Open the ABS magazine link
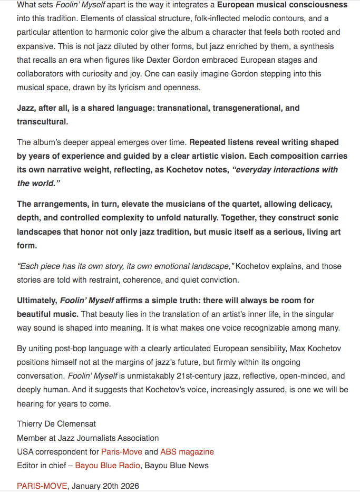(187, 451)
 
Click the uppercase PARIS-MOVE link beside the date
(42, 486)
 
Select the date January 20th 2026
(105, 486)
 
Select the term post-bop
(65, 349)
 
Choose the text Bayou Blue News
(177, 465)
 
